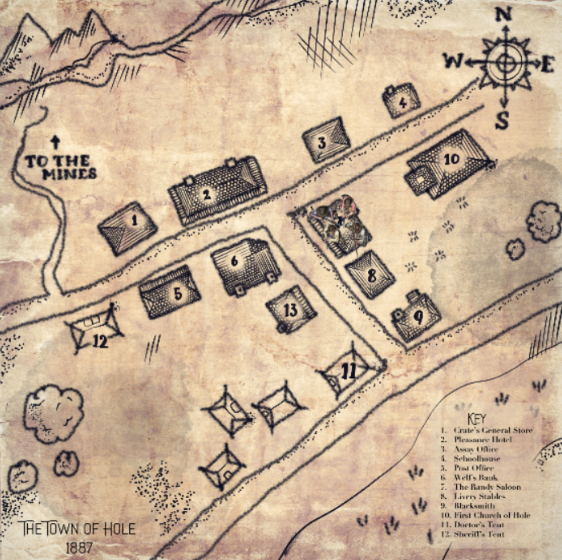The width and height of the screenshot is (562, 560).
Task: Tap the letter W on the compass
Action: (x=453, y=62)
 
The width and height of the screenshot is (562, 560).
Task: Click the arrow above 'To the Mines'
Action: (x=55, y=143)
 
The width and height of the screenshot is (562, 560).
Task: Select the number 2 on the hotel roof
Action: (x=207, y=195)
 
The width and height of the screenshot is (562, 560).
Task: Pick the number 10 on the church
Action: (x=451, y=159)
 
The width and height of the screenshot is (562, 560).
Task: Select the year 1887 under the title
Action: (x=79, y=548)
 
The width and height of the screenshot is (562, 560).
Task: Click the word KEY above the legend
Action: (x=477, y=418)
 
